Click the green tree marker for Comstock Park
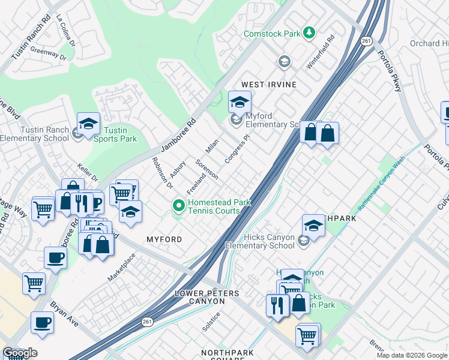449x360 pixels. click(309, 32)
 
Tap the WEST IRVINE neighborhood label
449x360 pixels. click(269, 85)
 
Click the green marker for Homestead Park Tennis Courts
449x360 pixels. click(178, 206)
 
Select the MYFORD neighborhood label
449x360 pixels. click(164, 239)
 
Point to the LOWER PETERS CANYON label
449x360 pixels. click(207, 297)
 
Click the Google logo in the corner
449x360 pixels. click(19, 353)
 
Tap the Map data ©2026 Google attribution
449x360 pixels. click(412, 355)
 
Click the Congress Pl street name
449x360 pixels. click(237, 149)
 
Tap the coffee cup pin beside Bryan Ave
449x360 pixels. click(42, 322)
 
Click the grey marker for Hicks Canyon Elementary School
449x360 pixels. click(304, 241)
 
